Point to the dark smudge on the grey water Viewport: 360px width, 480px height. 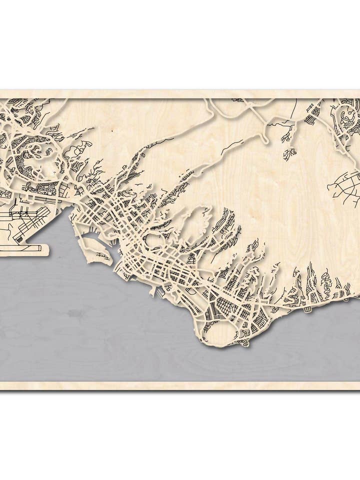click(75, 313)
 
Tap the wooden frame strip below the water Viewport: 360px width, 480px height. click(180, 385)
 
